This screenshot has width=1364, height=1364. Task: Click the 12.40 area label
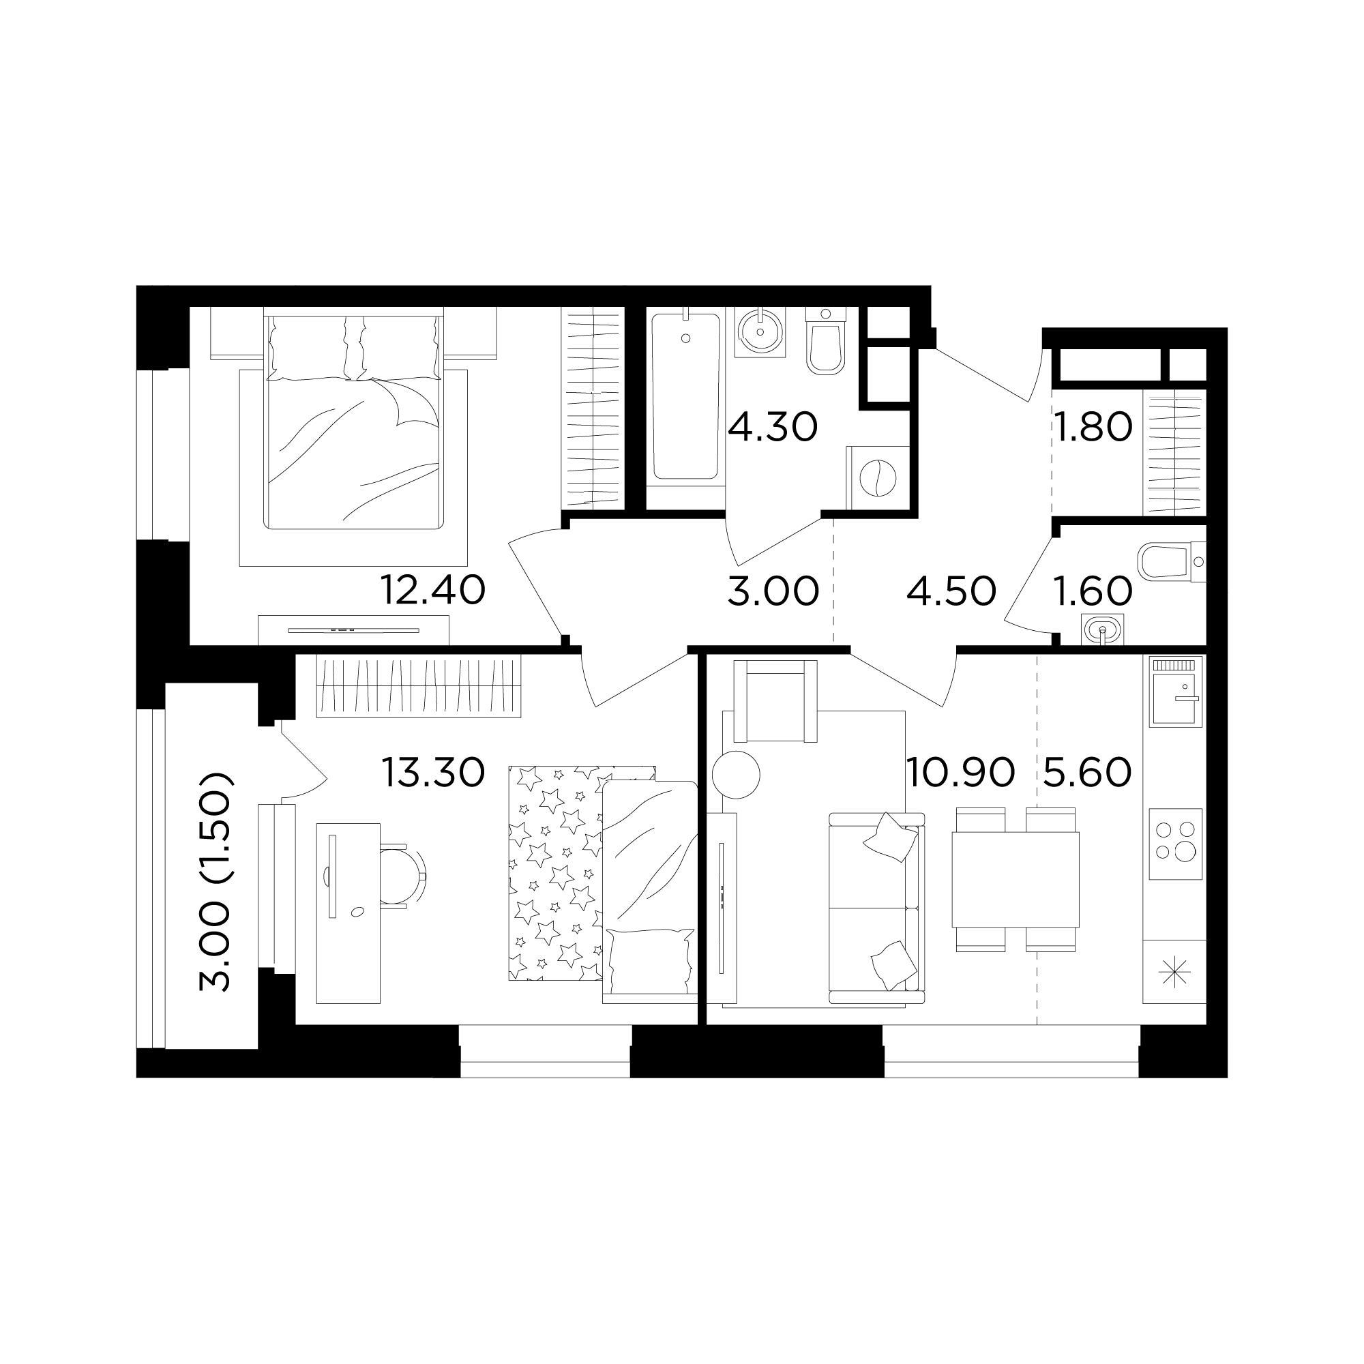(x=433, y=590)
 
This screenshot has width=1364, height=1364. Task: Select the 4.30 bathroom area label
(x=773, y=427)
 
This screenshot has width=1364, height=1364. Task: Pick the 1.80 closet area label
(x=1093, y=427)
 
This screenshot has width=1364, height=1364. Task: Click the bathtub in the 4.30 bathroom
(x=686, y=398)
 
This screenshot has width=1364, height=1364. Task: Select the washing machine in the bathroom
(x=878, y=478)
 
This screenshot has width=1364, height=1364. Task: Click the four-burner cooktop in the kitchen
(x=1176, y=844)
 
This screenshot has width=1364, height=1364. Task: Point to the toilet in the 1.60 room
(x=1171, y=562)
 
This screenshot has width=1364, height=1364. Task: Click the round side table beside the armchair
(x=736, y=775)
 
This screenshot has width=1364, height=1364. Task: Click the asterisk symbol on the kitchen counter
(x=1175, y=974)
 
